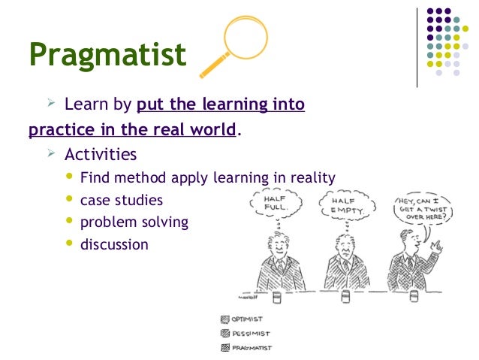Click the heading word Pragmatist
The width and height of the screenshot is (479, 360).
click(x=107, y=55)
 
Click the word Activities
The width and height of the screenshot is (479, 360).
click(x=101, y=155)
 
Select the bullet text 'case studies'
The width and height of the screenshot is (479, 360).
click(x=121, y=201)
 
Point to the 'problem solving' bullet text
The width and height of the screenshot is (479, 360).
click(x=134, y=222)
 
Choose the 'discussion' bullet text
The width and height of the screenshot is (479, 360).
click(x=114, y=244)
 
